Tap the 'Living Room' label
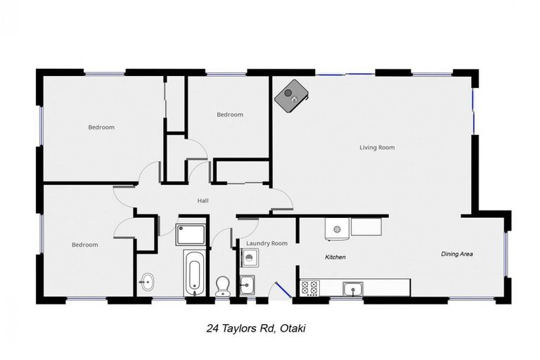click(x=377, y=148)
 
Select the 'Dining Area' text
click(x=456, y=253)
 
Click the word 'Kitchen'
click(x=335, y=257)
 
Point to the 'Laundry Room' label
click(x=266, y=243)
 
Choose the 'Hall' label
click(x=202, y=201)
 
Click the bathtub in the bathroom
click(x=193, y=273)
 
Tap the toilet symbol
click(x=223, y=285)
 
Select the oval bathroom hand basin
click(x=146, y=282)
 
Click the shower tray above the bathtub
click(x=191, y=234)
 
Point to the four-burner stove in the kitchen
click(x=310, y=288)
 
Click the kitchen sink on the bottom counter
click(x=352, y=288)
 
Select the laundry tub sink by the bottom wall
click(x=247, y=285)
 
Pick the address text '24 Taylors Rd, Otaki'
click(x=256, y=328)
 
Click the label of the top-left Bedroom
click(x=101, y=127)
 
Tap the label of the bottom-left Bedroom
click(x=85, y=245)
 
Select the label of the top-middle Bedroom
click(x=229, y=115)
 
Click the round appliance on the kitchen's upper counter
click(x=337, y=229)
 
